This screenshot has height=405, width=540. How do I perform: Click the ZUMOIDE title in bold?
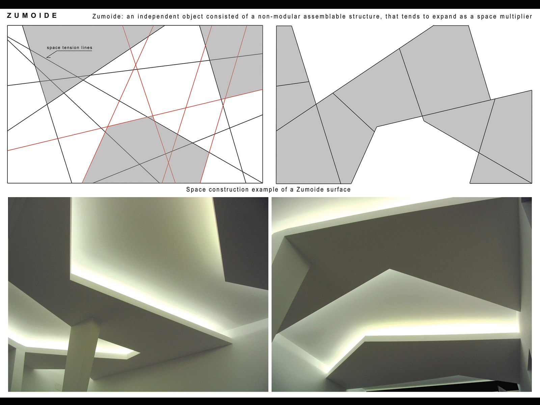tap(32, 16)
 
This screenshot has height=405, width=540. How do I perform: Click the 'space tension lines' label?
tap(70, 48)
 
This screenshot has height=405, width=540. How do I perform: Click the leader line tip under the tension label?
tap(47, 58)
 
